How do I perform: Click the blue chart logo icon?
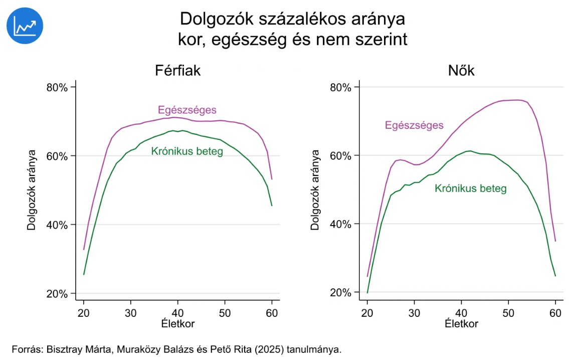[x=25, y=26]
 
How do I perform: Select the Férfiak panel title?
[x=177, y=71]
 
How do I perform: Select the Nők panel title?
[x=461, y=71]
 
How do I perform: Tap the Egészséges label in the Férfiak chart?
[x=187, y=110]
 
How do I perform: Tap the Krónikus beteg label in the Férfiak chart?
[x=187, y=151]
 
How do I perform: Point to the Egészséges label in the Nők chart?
[x=414, y=125]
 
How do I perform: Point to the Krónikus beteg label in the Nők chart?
[x=471, y=189]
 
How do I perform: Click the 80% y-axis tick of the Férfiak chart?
[x=57, y=87]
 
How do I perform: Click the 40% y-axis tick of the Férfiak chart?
[x=57, y=225]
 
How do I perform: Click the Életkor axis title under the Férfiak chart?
[x=177, y=323]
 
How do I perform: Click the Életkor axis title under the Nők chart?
[x=461, y=323]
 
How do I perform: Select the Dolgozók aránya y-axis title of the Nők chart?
[x=315, y=190]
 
